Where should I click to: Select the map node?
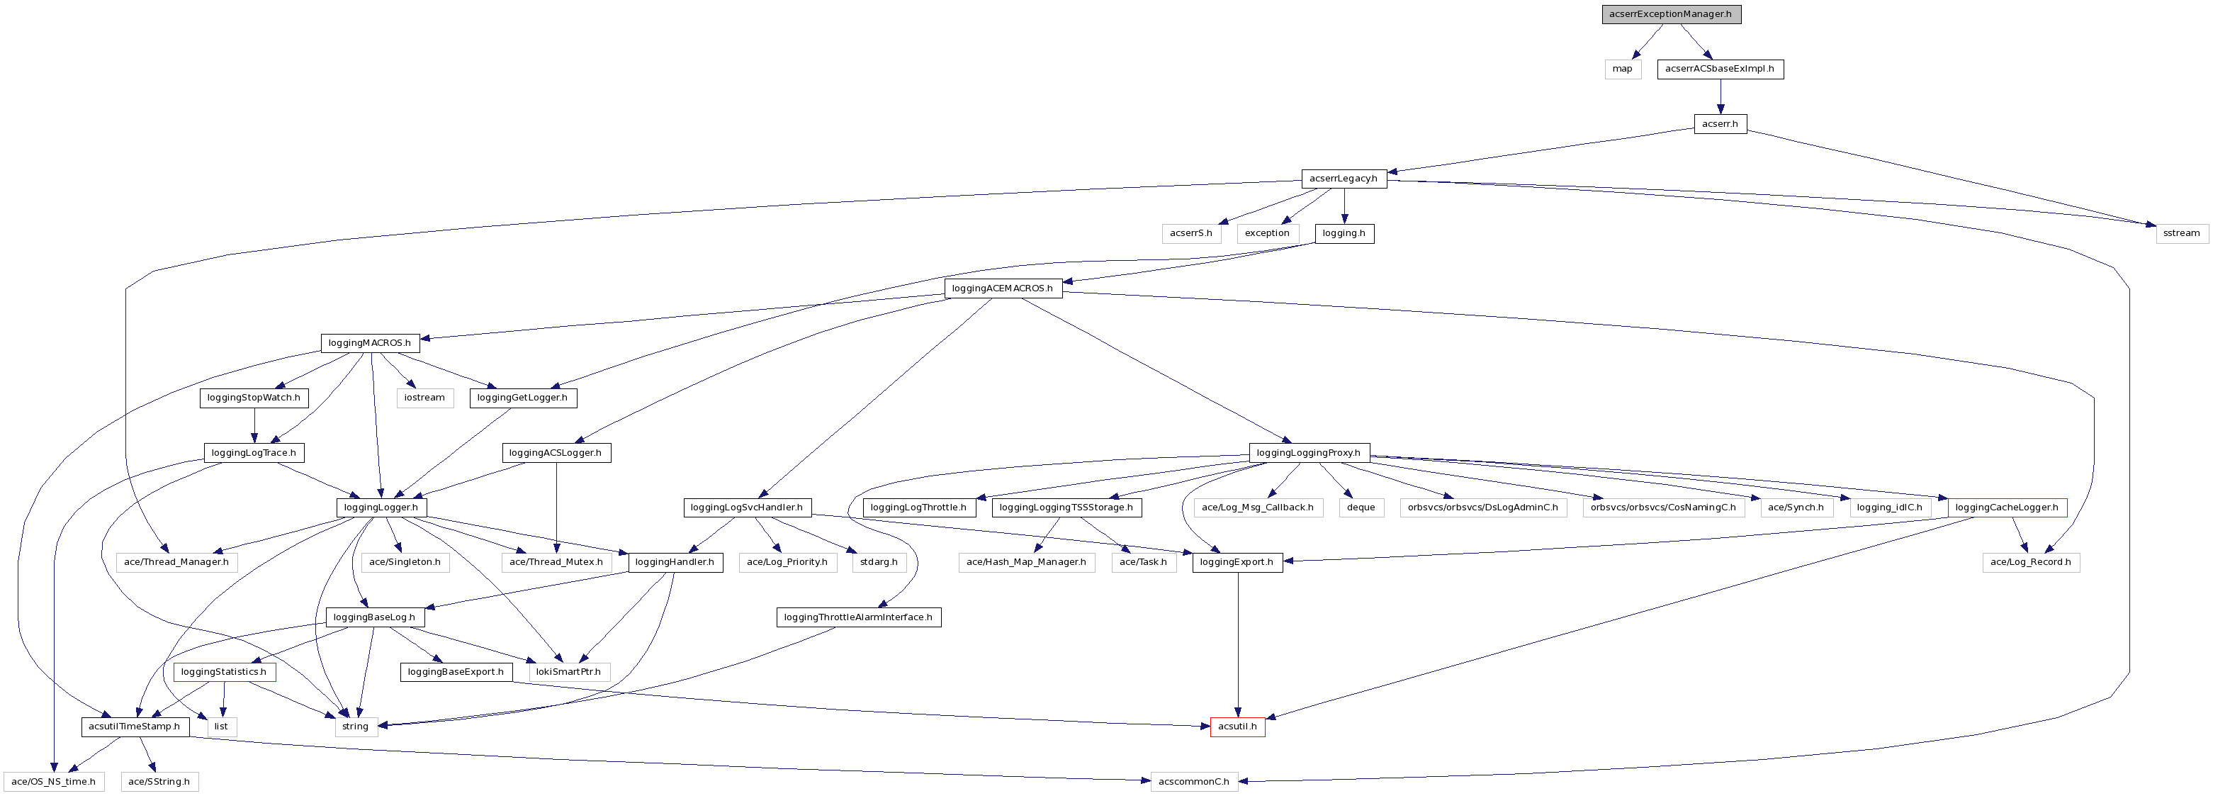(x=1622, y=69)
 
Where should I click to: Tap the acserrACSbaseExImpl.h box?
(x=1719, y=69)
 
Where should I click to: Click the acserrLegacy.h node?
(x=1343, y=179)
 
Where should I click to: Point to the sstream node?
(x=2181, y=234)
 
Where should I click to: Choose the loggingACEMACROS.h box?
(x=1002, y=288)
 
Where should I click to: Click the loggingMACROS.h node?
(x=369, y=343)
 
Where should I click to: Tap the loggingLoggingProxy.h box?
(x=1307, y=453)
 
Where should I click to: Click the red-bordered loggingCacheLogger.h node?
(x=2006, y=508)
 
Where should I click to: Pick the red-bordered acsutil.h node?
(x=1237, y=727)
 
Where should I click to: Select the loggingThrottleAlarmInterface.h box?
(x=857, y=617)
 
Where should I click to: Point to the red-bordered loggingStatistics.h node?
(x=223, y=672)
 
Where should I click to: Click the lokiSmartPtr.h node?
(x=569, y=672)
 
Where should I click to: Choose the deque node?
(x=1361, y=508)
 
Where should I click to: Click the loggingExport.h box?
(x=1237, y=562)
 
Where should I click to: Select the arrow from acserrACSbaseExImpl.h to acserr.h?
(x=1720, y=96)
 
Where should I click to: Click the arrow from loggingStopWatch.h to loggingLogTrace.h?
(x=254, y=425)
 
